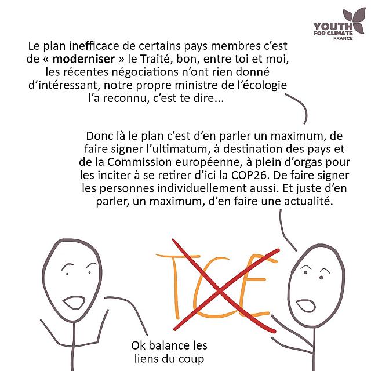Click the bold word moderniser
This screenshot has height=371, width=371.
[83, 59]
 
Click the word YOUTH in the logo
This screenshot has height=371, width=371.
[333, 27]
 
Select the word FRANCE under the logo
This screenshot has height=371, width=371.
[343, 38]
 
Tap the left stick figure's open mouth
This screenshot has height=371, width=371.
[74, 303]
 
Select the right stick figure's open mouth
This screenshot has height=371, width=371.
[305, 305]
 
